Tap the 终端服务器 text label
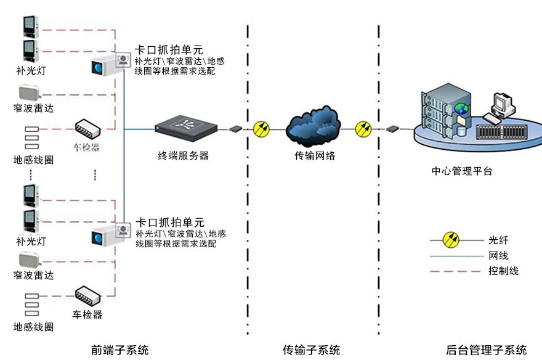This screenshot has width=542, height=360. click(x=183, y=156)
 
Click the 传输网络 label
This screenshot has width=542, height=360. click(x=315, y=156)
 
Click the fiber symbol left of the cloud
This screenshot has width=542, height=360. click(x=262, y=129)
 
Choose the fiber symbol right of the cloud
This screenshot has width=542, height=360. click(x=364, y=129)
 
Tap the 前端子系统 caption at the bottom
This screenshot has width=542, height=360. click(x=119, y=350)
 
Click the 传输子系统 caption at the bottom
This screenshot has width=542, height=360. click(x=311, y=350)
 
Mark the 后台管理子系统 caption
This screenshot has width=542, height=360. click(x=486, y=350)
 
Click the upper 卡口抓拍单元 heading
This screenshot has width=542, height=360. click(x=169, y=50)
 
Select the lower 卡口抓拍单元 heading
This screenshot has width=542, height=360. click(x=169, y=223)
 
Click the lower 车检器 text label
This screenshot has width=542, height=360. click(x=87, y=314)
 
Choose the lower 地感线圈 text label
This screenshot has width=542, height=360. click(x=33, y=327)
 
